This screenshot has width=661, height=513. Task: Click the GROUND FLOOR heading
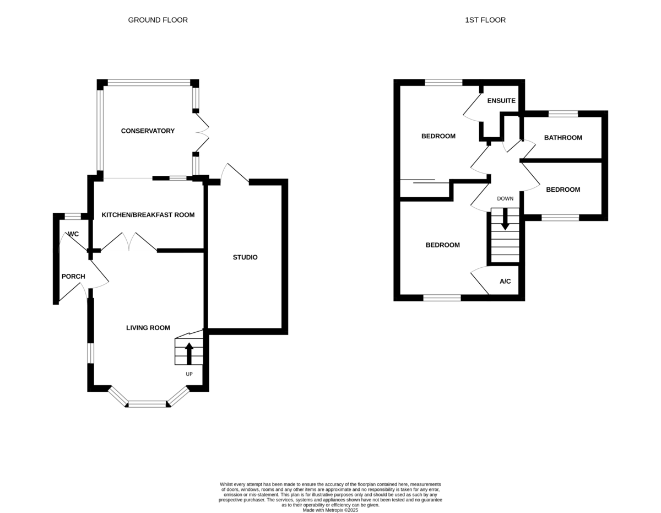pos(158,20)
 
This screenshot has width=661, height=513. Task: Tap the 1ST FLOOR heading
pos(485,20)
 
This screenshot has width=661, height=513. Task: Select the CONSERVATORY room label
pos(148,131)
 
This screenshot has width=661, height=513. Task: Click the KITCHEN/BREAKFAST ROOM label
pos(148,215)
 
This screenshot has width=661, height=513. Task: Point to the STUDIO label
pos(245,257)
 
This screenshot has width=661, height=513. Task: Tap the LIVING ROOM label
pos(148,328)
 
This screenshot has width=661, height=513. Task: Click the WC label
pos(73,234)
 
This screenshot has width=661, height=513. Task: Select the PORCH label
pos(73,277)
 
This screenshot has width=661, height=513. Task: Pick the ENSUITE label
pos(501,101)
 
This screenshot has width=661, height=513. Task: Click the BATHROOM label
pos(563,138)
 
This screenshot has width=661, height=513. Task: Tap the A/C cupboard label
pos(505,282)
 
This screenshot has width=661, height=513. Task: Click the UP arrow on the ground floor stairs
pos(189,354)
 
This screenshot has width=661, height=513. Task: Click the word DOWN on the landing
pos(505,199)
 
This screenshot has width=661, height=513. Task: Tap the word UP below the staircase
pos(189,374)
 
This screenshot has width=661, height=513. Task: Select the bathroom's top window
pos(563,114)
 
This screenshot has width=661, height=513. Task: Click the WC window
pos(73,217)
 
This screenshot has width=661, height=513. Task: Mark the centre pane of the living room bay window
pos(148,404)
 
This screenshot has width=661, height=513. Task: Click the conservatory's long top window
pos(149,83)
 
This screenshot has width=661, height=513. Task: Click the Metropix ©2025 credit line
pos(330,510)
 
